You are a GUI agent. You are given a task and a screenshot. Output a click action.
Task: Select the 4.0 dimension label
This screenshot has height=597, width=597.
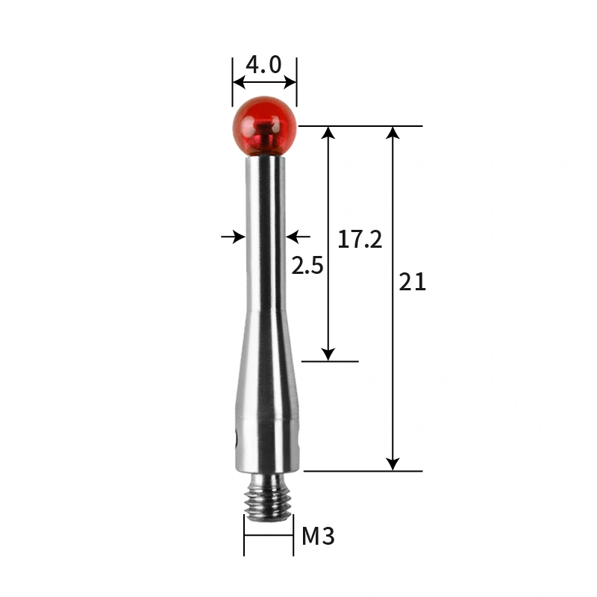click(263, 65)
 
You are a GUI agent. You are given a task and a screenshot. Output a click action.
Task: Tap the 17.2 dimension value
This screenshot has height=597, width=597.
click(360, 240)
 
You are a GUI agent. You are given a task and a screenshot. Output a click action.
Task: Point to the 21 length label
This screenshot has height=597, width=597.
click(413, 282)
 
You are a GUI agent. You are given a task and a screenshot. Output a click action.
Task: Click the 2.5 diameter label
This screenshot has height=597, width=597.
click(307, 266)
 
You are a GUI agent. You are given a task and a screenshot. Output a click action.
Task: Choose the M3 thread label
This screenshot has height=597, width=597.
click(318, 536)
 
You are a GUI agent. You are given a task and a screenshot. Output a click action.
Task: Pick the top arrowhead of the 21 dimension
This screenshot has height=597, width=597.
click(393, 134)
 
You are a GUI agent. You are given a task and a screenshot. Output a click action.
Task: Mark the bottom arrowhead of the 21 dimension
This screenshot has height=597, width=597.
click(393, 464)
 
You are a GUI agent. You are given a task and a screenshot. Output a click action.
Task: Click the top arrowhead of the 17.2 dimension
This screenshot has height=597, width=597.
click(328, 134)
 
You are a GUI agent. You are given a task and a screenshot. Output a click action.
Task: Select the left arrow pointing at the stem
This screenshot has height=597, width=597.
click(237, 237)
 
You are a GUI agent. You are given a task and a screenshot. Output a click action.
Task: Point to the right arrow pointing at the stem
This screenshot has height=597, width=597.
click(296, 237)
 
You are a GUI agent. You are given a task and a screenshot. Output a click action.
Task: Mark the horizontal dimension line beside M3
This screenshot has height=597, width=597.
click(269, 534)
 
